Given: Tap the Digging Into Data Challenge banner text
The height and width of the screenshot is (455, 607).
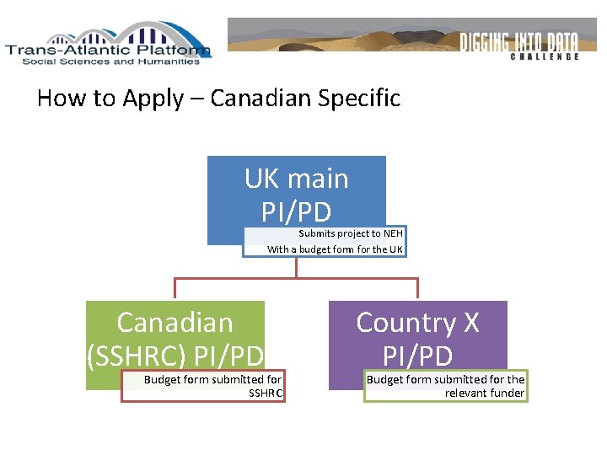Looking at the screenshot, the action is click(x=519, y=44).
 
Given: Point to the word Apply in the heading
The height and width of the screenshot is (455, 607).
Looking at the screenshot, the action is click(x=153, y=99).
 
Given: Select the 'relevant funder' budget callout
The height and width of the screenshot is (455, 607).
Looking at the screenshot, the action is click(x=445, y=386).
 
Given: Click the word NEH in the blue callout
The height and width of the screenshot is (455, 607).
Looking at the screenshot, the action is click(x=393, y=233).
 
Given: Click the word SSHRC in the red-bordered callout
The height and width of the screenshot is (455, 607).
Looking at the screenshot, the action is click(x=266, y=393).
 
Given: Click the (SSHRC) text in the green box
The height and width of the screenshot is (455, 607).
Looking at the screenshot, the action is click(x=137, y=356).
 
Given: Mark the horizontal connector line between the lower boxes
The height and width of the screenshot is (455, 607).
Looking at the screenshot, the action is click(x=296, y=278).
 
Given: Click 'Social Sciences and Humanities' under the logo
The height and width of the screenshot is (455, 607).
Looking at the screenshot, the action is click(x=110, y=62).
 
